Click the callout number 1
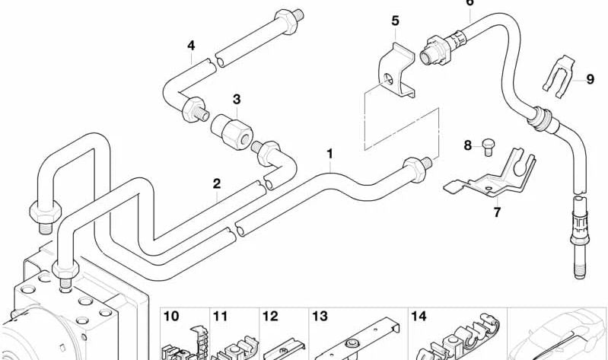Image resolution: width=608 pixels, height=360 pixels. click(329, 154)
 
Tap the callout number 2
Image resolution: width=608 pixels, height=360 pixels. click(217, 183)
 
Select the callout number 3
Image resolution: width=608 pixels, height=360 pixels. click(237, 99)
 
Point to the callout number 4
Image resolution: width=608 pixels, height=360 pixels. click(191, 46)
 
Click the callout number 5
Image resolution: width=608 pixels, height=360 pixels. click(395, 21)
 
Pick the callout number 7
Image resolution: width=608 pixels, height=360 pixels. click(497, 212)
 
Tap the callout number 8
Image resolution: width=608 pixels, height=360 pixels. click(468, 145)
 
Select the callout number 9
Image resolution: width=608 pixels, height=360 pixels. click(590, 79)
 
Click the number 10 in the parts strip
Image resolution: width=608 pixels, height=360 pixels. click(171, 316)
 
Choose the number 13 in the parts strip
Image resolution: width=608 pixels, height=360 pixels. click(320, 316)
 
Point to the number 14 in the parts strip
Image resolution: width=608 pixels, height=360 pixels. click(419, 316)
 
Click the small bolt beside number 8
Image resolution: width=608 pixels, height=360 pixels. click(489, 147)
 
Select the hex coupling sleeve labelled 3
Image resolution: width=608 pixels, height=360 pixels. click(232, 131)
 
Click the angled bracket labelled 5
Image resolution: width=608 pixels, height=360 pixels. click(396, 72)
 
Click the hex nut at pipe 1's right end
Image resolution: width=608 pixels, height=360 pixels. click(415, 169)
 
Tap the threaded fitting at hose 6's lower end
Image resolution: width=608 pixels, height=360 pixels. click(580, 237)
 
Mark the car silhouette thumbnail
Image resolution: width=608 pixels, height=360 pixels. click(557, 334)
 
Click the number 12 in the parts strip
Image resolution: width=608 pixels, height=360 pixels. click(270, 316)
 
